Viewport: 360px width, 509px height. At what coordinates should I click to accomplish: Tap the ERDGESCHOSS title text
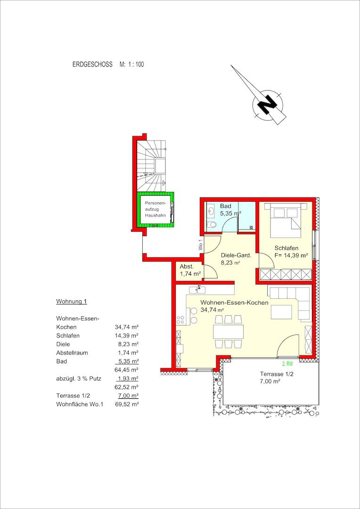tap(92, 64)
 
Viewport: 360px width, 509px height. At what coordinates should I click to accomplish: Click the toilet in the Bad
tap(213, 225)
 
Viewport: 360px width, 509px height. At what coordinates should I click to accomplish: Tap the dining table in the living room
tap(228, 331)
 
